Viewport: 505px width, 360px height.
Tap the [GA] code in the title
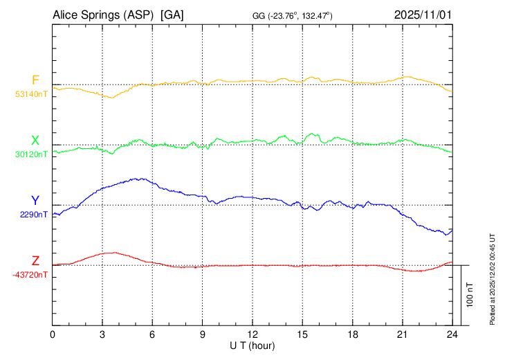coord(172,15)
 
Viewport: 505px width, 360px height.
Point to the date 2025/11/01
coord(422,15)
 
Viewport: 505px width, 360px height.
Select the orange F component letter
coord(35,80)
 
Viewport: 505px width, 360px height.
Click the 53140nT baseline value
coord(31,95)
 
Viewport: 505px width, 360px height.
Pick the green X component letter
coord(35,141)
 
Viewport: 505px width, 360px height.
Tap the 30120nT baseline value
coord(31,155)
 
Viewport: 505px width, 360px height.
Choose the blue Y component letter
coord(35,201)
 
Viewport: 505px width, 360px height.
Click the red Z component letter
coord(35,261)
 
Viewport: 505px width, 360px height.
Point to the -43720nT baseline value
coord(30,275)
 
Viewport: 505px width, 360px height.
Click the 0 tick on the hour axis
coord(53,334)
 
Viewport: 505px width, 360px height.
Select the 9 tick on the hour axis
coord(203,334)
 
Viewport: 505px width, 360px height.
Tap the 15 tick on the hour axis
coord(302,334)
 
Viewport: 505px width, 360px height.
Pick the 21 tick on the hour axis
coord(403,334)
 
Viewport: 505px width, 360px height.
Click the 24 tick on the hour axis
coord(452,334)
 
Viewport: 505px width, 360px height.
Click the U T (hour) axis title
coord(252,344)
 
